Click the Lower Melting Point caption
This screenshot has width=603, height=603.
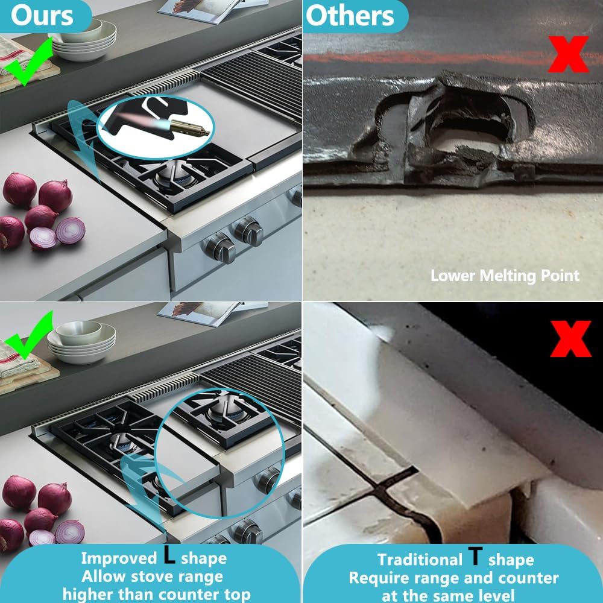[x=504, y=276]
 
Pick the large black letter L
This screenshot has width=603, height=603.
[x=169, y=556]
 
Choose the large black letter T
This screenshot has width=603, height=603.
[x=476, y=557]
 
